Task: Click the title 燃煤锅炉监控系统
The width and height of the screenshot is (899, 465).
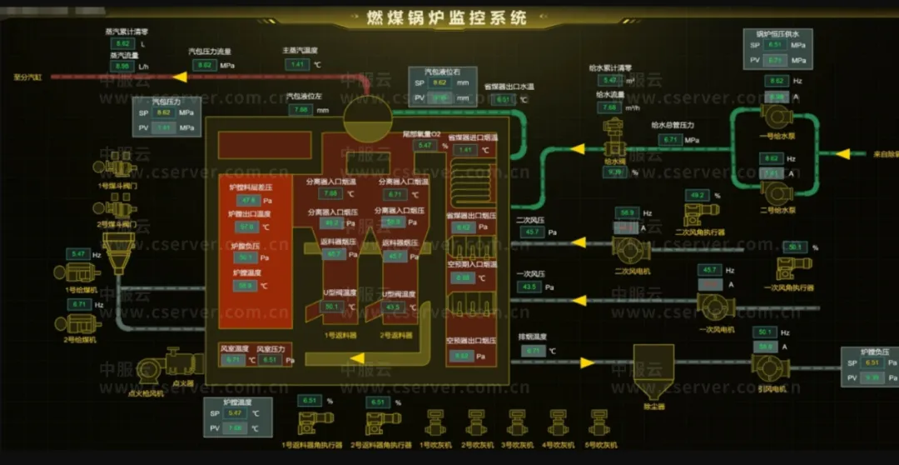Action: pyautogui.click(x=447, y=18)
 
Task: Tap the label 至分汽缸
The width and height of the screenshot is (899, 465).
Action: pyautogui.click(x=27, y=77)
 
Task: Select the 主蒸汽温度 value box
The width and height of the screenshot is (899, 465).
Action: pyautogui.click(x=296, y=64)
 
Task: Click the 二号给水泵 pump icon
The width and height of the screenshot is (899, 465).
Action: pyautogui.click(x=776, y=192)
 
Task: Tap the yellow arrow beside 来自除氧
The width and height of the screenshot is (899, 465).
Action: pyautogui.click(x=842, y=154)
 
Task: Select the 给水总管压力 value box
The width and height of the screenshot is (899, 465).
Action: pyautogui.click(x=671, y=140)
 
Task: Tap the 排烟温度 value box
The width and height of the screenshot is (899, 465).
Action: pyautogui.click(x=534, y=351)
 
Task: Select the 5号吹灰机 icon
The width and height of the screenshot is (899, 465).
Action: pyautogui.click(x=597, y=422)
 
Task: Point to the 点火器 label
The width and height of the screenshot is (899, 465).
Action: pyautogui.click(x=184, y=384)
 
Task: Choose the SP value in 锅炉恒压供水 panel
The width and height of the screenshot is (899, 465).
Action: pyautogui.click(x=775, y=45)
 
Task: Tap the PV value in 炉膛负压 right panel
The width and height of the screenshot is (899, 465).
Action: pyautogui.click(x=872, y=377)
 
